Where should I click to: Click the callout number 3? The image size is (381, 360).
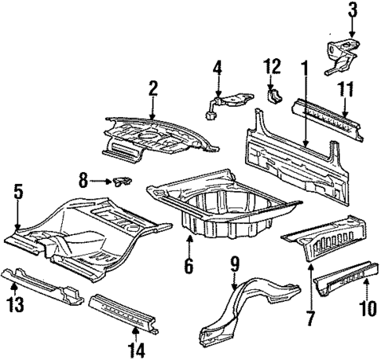click(x=353, y=10)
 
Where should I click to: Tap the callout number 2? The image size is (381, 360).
click(x=154, y=88)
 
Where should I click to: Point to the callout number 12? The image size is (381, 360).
click(x=273, y=65)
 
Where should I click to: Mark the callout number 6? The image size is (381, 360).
click(x=189, y=266)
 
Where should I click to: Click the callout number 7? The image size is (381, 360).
click(x=311, y=320)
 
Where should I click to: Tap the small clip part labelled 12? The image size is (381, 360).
click(x=274, y=95)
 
